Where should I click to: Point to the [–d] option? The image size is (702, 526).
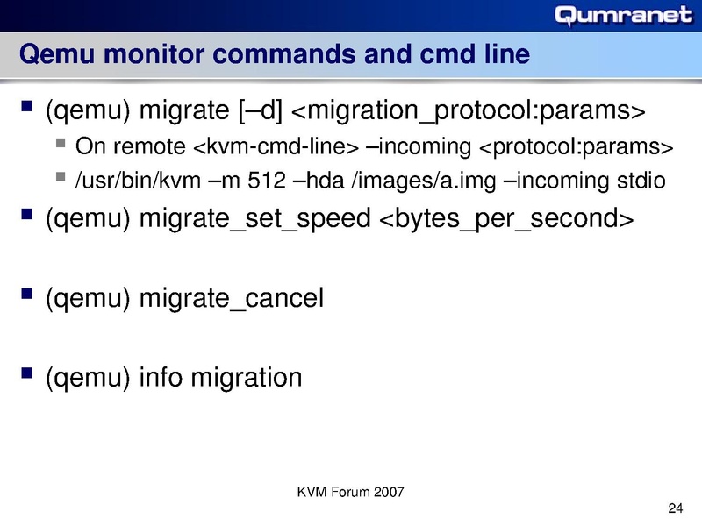pyautogui.click(x=259, y=112)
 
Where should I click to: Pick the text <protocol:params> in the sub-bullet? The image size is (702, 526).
pyautogui.click(x=577, y=145)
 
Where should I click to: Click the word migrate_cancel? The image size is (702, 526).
pyautogui.click(x=232, y=298)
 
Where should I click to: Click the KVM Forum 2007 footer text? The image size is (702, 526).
pyautogui.click(x=351, y=491)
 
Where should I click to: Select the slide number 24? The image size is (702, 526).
pyautogui.click(x=675, y=508)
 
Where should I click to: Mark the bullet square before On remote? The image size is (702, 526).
pyautogui.click(x=59, y=143)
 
